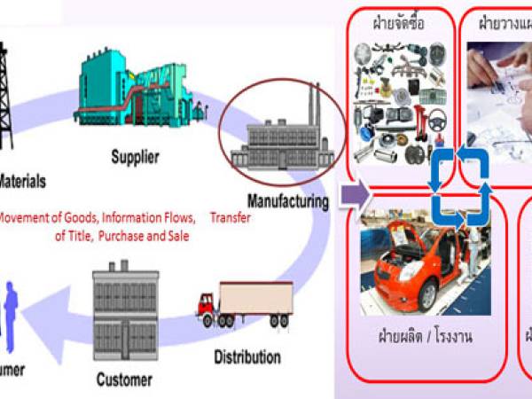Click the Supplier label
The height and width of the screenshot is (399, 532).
(x=135, y=159)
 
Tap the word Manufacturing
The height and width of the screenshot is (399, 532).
(x=288, y=200)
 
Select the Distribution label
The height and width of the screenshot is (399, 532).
(x=247, y=358)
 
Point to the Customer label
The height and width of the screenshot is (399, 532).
(x=123, y=380)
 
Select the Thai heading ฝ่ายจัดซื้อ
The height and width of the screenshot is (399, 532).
(x=399, y=24)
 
